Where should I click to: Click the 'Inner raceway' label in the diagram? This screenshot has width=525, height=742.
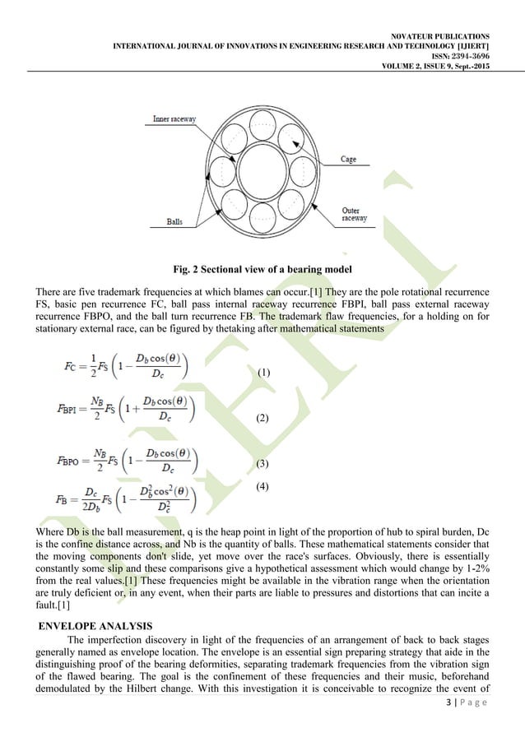pos(174,119)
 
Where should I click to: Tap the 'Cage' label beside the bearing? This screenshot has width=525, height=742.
pos(348,160)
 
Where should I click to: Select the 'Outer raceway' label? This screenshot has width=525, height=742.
pos(356,215)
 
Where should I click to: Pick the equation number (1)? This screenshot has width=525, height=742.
pos(264,373)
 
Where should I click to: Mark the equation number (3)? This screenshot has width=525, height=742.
pos(264,465)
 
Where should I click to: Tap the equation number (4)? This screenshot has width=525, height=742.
pos(264,486)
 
